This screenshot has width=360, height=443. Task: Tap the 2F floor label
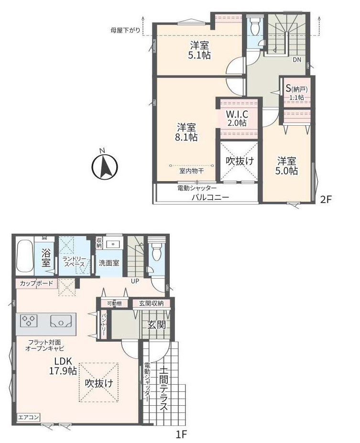(325, 200)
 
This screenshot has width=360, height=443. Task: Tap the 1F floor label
(182, 434)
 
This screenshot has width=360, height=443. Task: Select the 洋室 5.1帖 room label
(199, 50)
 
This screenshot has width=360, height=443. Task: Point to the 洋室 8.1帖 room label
(187, 132)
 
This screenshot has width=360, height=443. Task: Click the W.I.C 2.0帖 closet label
(237, 118)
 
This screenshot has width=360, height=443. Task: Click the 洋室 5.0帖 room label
(287, 166)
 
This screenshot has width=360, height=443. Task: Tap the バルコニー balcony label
(210, 197)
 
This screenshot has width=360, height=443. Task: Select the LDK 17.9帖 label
(63, 366)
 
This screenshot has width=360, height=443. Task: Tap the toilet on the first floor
(156, 251)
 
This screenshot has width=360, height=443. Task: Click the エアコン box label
(28, 417)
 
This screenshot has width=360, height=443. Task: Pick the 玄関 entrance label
(156, 324)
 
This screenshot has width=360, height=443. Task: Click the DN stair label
(297, 60)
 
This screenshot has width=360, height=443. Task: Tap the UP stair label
(135, 281)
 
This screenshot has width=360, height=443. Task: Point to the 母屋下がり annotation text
(125, 30)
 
